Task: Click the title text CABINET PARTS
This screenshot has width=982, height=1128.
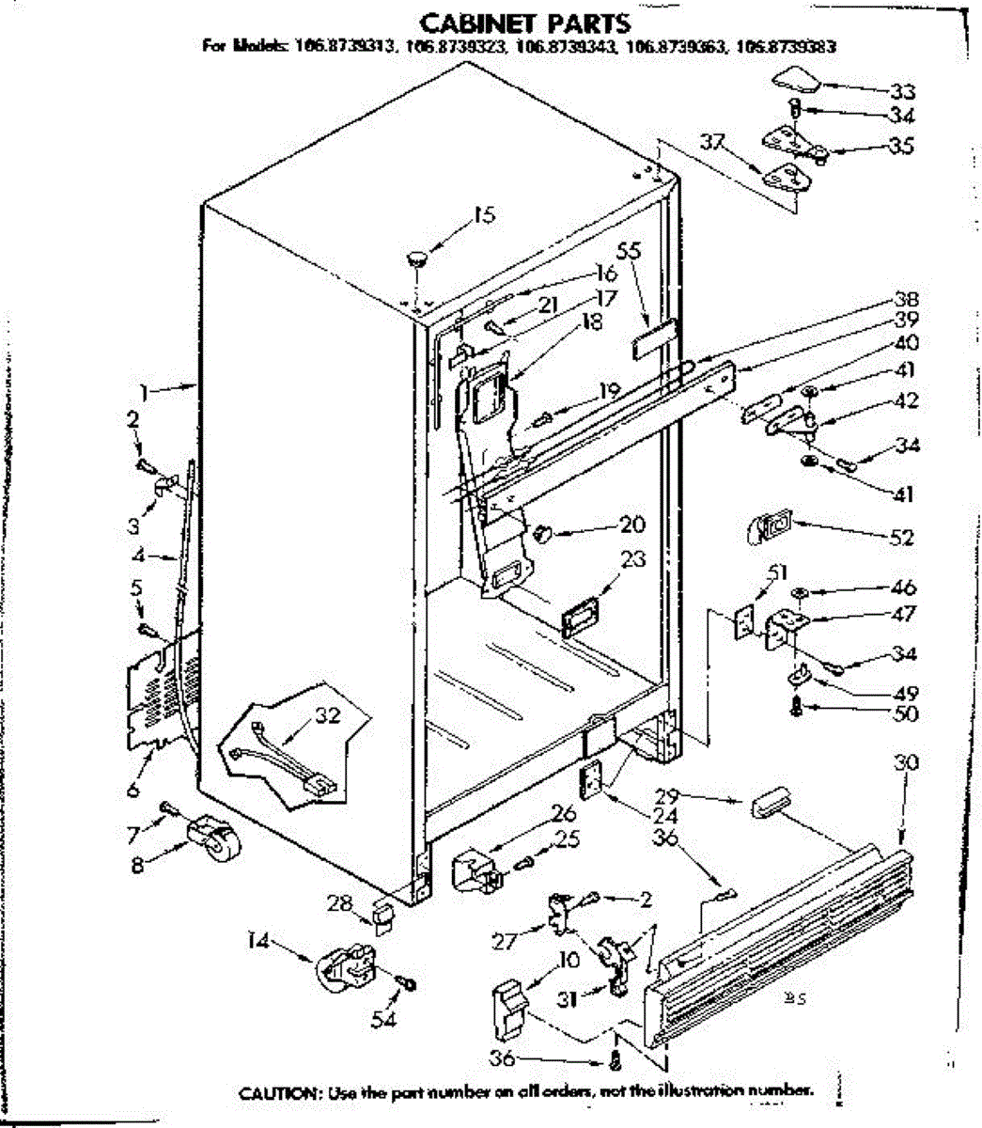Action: tap(524, 23)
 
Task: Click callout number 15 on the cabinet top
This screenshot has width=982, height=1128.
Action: tap(483, 215)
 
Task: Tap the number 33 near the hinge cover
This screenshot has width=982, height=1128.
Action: tap(902, 91)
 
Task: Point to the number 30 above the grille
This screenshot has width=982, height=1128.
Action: tap(906, 762)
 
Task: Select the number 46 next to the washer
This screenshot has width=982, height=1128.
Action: tap(903, 589)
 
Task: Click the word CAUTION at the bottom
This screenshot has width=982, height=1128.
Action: tap(277, 1093)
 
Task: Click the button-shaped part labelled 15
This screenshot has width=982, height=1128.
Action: tap(415, 258)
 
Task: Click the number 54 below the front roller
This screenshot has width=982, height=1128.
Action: tap(383, 1019)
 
